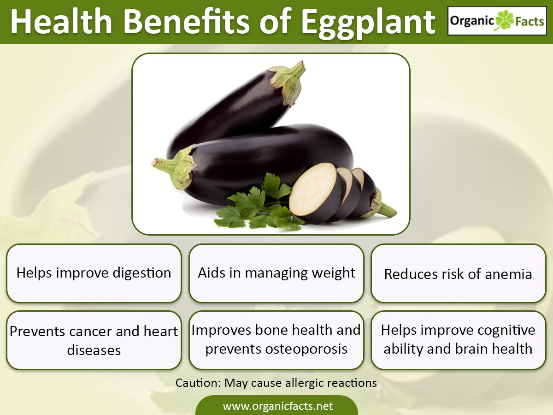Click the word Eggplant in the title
pyautogui.click(x=368, y=23)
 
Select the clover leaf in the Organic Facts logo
pyautogui.click(x=505, y=20)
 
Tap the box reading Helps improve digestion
pyautogui.click(x=94, y=273)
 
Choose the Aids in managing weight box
pyautogui.click(x=276, y=273)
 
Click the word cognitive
pyautogui.click(x=506, y=331)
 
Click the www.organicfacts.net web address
pyautogui.click(x=277, y=406)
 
